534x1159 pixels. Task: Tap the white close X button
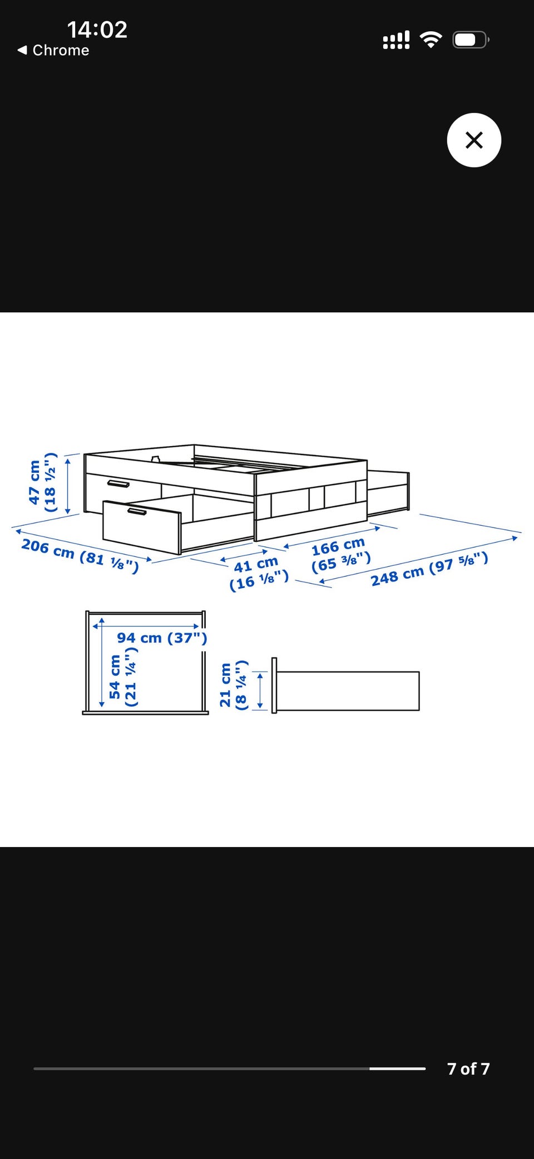[x=474, y=140]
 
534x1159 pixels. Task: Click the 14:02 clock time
[x=97, y=30]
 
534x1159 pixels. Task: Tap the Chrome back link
[x=53, y=50]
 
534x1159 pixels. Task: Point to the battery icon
[x=471, y=40]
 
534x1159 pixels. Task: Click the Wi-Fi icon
[x=431, y=40]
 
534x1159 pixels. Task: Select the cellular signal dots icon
[x=396, y=40]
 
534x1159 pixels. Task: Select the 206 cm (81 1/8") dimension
[x=80, y=555]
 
